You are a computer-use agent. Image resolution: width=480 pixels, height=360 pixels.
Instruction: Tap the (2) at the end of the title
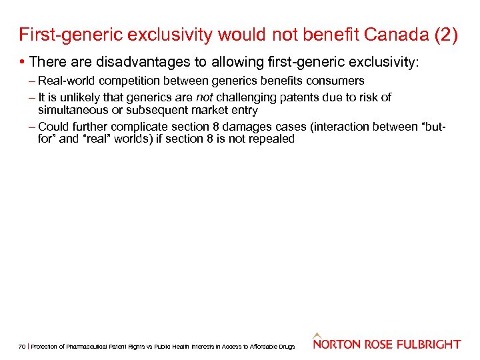(446, 35)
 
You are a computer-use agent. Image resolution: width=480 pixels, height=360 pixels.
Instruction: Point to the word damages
(245, 127)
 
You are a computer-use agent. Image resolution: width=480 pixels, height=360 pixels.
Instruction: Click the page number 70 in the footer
(23, 346)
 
